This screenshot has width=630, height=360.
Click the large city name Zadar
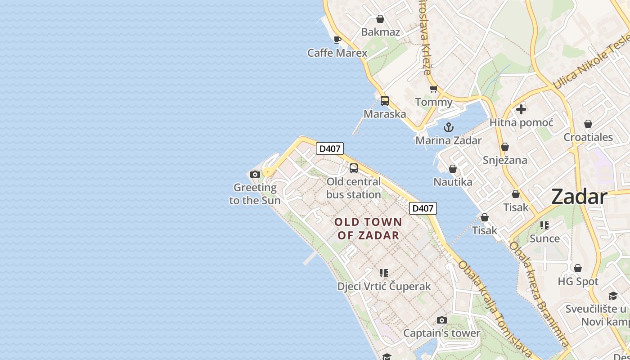(x=579, y=197)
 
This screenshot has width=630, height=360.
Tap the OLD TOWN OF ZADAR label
(x=368, y=229)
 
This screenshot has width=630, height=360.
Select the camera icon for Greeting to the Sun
(x=255, y=174)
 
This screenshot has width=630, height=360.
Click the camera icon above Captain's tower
(x=442, y=320)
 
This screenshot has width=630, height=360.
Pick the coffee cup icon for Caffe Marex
(x=337, y=40)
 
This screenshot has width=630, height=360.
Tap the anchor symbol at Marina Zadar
(x=448, y=127)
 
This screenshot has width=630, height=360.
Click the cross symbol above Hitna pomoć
(x=521, y=109)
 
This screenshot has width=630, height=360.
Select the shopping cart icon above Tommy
(x=433, y=89)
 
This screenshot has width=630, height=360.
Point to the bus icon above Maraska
(x=384, y=101)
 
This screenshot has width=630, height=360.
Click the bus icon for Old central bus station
(x=354, y=168)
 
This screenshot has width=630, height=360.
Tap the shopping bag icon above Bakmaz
(x=380, y=19)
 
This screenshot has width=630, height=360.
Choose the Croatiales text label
(x=588, y=137)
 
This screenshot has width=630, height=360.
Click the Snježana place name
(x=505, y=160)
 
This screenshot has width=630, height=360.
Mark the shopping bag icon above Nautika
(x=453, y=169)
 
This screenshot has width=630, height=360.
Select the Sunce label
(x=544, y=238)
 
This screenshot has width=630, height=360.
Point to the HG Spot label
(x=578, y=282)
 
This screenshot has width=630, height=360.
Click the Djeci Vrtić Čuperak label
(x=384, y=286)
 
